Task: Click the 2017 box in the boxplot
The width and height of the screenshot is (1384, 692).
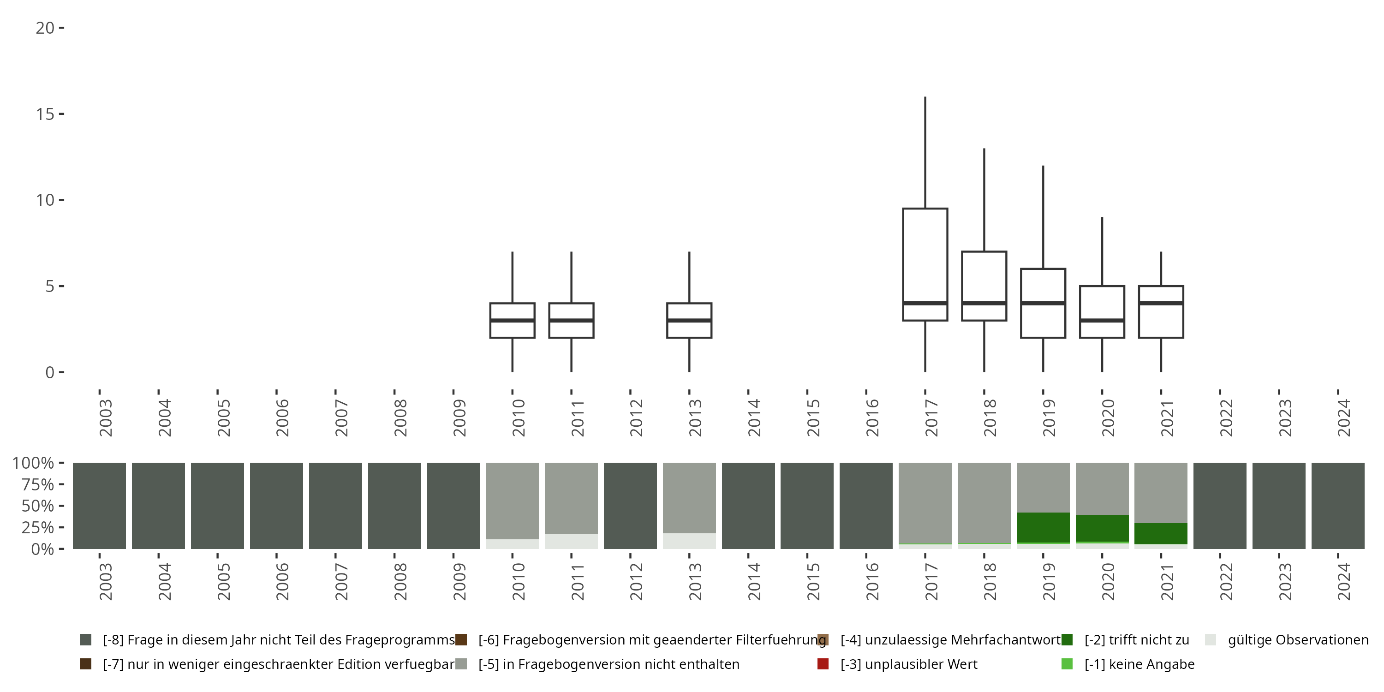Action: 925,258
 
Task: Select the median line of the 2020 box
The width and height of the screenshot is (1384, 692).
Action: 1102,320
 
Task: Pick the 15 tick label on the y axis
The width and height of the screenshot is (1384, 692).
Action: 45,114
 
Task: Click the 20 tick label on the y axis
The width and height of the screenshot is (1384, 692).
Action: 45,28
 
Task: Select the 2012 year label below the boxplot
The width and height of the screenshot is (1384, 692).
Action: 636,418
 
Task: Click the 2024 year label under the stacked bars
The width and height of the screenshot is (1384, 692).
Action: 1343,582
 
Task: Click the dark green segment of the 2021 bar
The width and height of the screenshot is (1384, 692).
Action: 1161,533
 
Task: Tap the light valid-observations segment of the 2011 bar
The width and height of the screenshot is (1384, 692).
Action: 571,541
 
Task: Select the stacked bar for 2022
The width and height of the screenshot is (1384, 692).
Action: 1220,506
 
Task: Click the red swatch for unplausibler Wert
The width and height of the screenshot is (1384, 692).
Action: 823,664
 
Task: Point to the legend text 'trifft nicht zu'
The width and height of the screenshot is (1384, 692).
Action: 1136,640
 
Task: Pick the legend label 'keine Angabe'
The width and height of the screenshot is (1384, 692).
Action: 1139,664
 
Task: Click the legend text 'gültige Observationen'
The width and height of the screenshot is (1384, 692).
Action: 1297,640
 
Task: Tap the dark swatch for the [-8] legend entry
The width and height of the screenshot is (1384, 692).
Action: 85,640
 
